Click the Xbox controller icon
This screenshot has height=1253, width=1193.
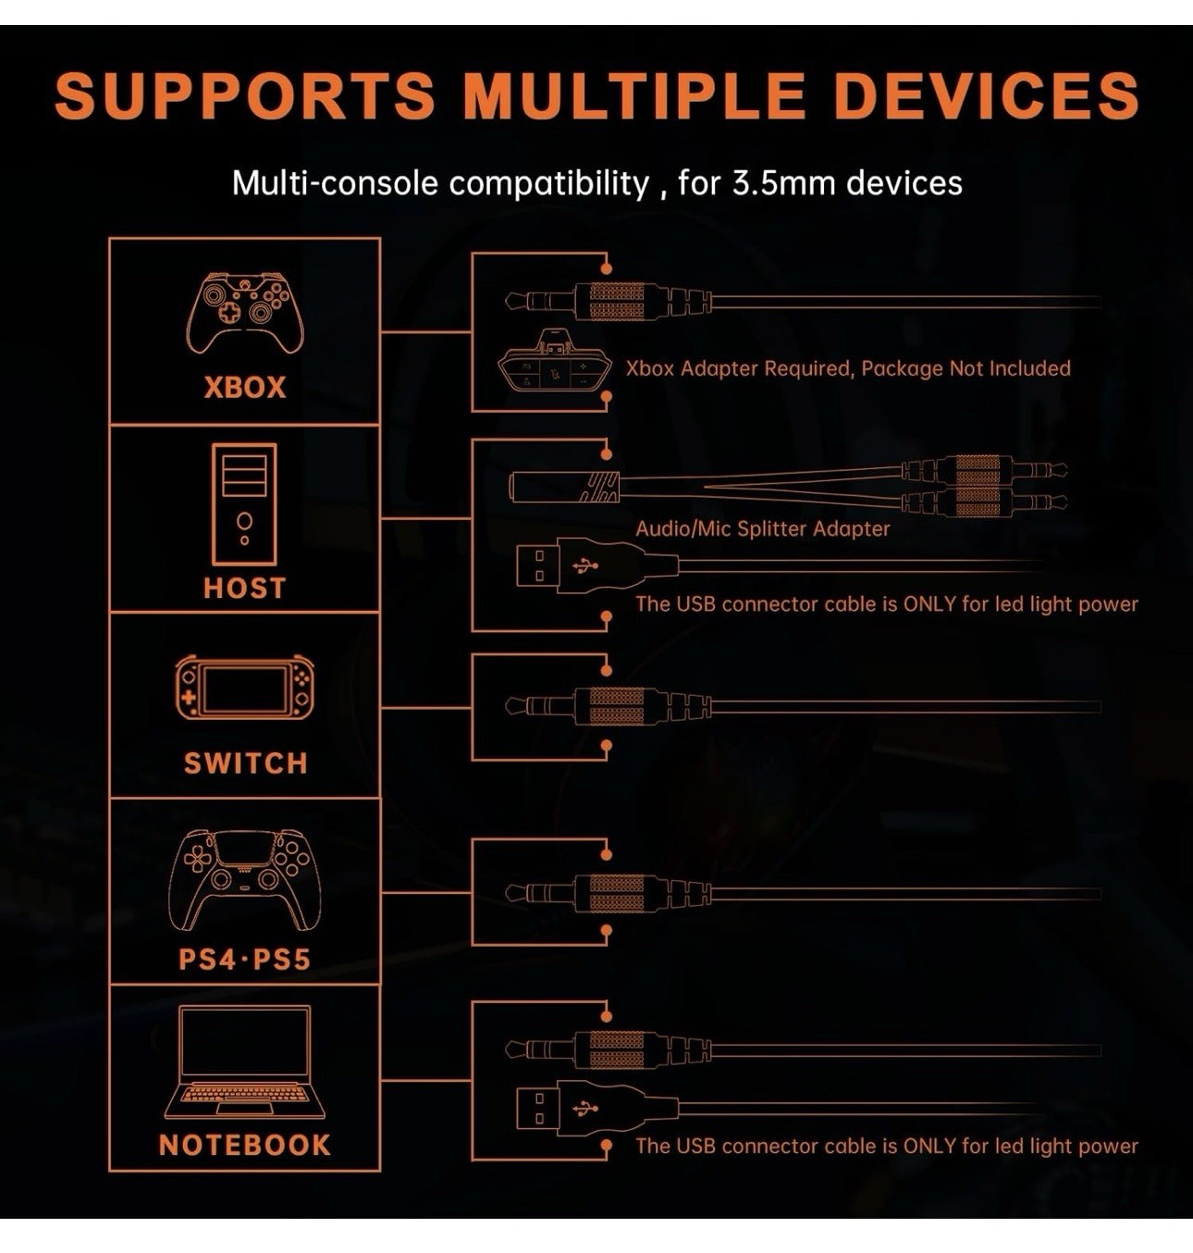[x=245, y=312]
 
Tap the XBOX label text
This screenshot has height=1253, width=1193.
[x=245, y=387]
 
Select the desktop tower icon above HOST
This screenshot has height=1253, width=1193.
[x=244, y=504]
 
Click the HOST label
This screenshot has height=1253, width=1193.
[x=244, y=588]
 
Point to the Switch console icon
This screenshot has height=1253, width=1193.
[x=244, y=689]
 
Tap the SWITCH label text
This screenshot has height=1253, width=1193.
[x=245, y=763]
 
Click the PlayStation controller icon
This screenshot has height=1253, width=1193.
[x=245, y=879]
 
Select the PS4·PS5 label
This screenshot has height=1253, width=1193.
[x=244, y=959]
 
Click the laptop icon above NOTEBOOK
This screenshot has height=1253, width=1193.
[x=244, y=1062]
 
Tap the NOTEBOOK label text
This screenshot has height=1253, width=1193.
[x=244, y=1145]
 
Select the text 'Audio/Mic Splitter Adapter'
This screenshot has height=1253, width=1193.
[x=762, y=528]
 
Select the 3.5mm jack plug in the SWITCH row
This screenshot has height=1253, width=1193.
[x=601, y=707]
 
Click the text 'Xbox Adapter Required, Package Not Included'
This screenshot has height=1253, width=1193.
[x=848, y=368]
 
